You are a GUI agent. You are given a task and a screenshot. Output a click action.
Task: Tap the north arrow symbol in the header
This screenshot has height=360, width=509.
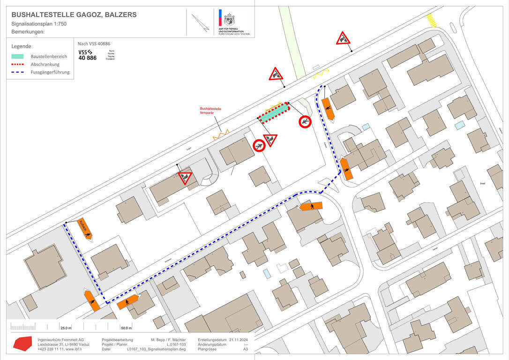(201, 23)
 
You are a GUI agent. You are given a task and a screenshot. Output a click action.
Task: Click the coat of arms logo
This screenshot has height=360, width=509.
(229, 19)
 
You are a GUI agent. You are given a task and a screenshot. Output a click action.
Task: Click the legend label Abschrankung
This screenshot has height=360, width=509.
(45, 64)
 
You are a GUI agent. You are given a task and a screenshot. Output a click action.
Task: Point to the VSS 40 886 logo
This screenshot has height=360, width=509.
(88, 54)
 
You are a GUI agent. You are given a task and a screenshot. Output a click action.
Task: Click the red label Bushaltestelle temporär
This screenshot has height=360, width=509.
(210, 111)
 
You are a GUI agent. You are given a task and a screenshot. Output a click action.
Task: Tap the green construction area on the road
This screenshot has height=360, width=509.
(274, 112)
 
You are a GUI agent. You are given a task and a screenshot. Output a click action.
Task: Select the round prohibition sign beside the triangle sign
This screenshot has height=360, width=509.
(259, 145)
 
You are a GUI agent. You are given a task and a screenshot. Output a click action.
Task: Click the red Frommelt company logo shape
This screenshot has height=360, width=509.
(22, 344)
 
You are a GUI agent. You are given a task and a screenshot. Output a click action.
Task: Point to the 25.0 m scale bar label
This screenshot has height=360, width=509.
(66, 328)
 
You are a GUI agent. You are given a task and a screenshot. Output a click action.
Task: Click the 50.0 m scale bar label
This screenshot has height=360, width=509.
(126, 328)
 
